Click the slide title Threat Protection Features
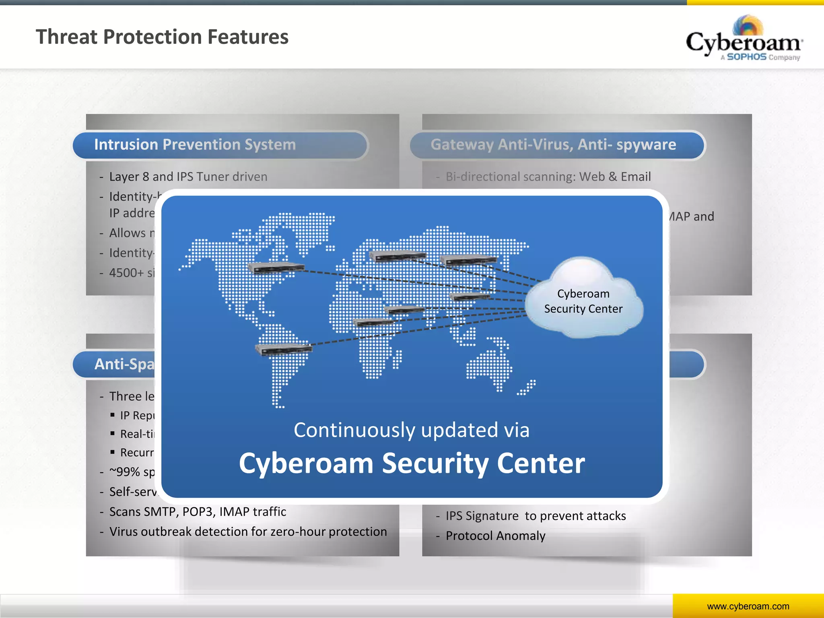coord(162,37)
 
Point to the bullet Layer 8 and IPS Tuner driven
coord(188,177)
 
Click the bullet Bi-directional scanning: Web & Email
coord(548,177)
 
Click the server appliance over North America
coord(276,267)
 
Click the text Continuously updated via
coord(411,430)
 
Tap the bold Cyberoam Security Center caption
coord(411,463)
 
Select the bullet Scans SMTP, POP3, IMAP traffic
coord(198,512)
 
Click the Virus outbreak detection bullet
coord(248,532)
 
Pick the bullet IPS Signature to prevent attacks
coord(536,516)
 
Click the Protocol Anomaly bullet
coord(495,536)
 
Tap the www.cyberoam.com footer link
coord(748,606)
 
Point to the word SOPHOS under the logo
coord(746,57)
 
